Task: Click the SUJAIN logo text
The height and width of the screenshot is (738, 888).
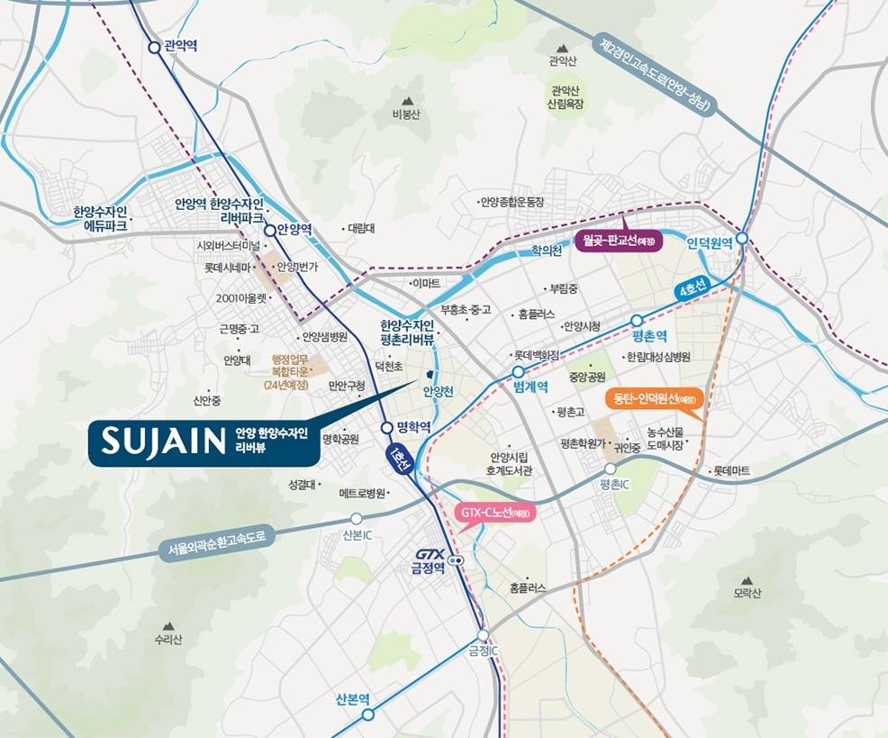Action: click(x=163, y=441)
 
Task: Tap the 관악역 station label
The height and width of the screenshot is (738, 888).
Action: click(x=181, y=45)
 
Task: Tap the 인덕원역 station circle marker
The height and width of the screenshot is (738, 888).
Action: click(x=740, y=238)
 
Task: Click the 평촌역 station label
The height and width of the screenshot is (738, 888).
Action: click(x=648, y=336)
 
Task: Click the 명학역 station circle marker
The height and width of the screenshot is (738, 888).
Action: click(x=386, y=428)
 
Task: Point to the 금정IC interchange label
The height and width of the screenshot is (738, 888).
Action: click(x=483, y=651)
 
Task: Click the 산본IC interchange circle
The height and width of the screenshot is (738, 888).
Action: click(x=357, y=518)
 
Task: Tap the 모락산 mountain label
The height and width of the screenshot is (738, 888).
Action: click(x=747, y=594)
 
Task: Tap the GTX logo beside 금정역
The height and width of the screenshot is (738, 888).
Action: click(x=430, y=554)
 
